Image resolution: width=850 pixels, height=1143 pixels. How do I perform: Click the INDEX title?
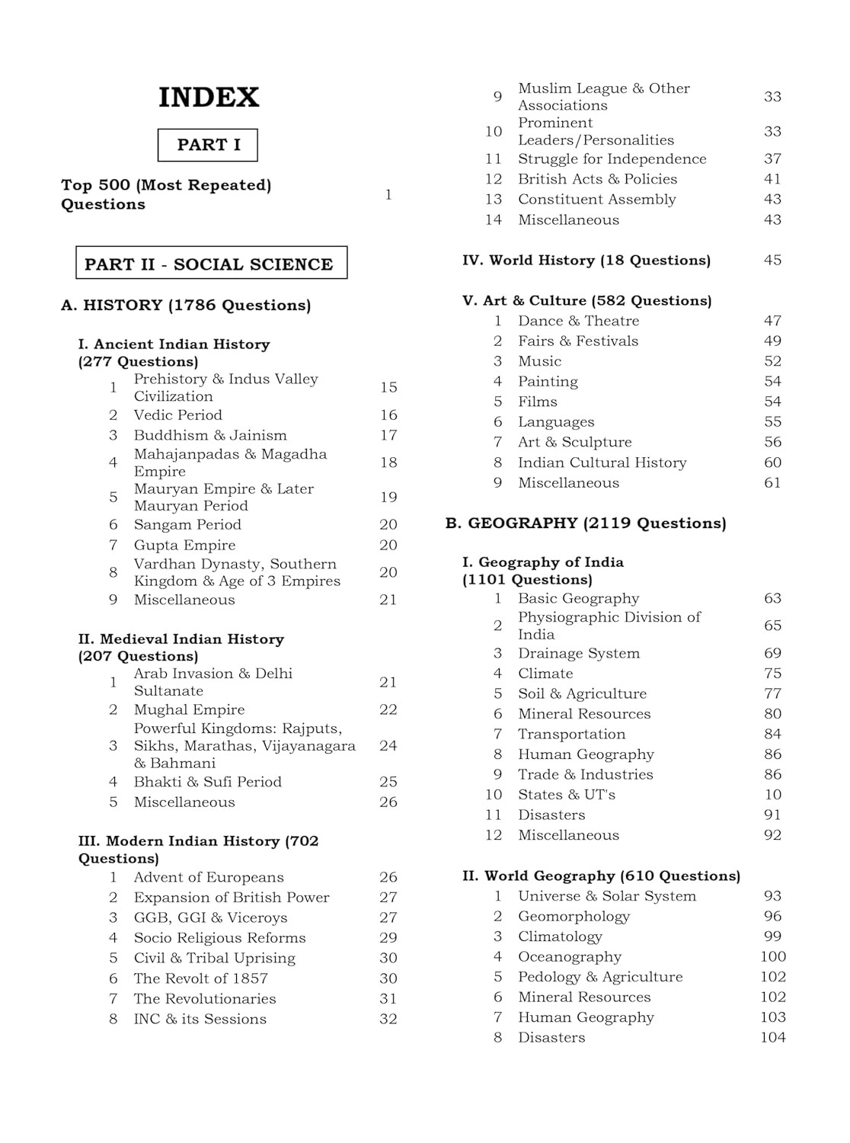(209, 98)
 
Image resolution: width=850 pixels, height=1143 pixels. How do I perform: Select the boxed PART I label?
(208, 145)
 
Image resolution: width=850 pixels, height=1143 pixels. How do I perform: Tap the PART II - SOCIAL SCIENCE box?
(211, 264)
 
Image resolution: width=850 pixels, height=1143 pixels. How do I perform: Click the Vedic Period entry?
(177, 415)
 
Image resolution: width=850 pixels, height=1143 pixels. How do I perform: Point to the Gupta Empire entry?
(184, 545)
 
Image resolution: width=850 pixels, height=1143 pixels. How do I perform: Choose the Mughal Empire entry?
(189, 709)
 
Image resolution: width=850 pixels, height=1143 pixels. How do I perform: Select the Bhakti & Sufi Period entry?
(207, 782)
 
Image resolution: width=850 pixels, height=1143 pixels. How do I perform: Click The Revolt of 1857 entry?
(200, 978)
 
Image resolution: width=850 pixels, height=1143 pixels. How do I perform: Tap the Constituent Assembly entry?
(596, 199)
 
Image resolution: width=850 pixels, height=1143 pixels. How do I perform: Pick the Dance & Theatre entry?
(578, 321)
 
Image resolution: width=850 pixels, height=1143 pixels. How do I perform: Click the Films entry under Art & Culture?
(537, 402)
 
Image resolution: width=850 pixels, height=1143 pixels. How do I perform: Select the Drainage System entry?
(578, 653)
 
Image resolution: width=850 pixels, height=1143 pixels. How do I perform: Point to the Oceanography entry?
(569, 956)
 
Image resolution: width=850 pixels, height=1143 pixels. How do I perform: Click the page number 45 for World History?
(772, 260)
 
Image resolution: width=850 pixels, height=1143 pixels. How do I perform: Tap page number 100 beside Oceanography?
(772, 956)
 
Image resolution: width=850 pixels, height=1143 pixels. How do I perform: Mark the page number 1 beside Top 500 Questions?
(388, 194)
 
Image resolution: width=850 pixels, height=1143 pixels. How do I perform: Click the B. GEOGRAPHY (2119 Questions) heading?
(585, 523)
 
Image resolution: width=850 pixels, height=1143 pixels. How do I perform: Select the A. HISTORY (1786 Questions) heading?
(186, 305)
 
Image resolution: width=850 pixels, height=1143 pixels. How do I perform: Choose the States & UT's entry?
(566, 794)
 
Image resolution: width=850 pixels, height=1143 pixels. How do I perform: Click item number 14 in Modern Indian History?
(494, 219)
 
